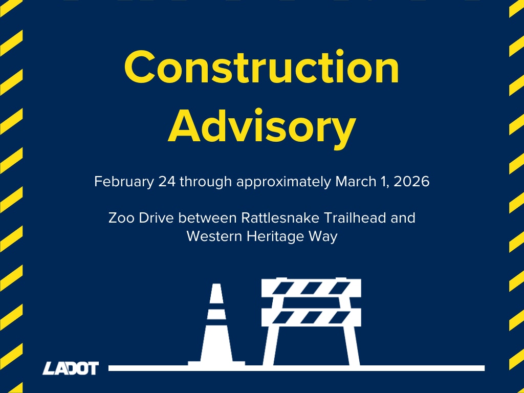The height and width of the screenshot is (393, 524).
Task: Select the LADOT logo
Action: pos(71,368)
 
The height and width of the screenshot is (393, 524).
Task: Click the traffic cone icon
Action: pos(216,327)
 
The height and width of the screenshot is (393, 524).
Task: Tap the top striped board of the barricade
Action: pos(311,288)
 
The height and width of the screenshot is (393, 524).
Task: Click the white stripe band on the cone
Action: pos(216,314)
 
